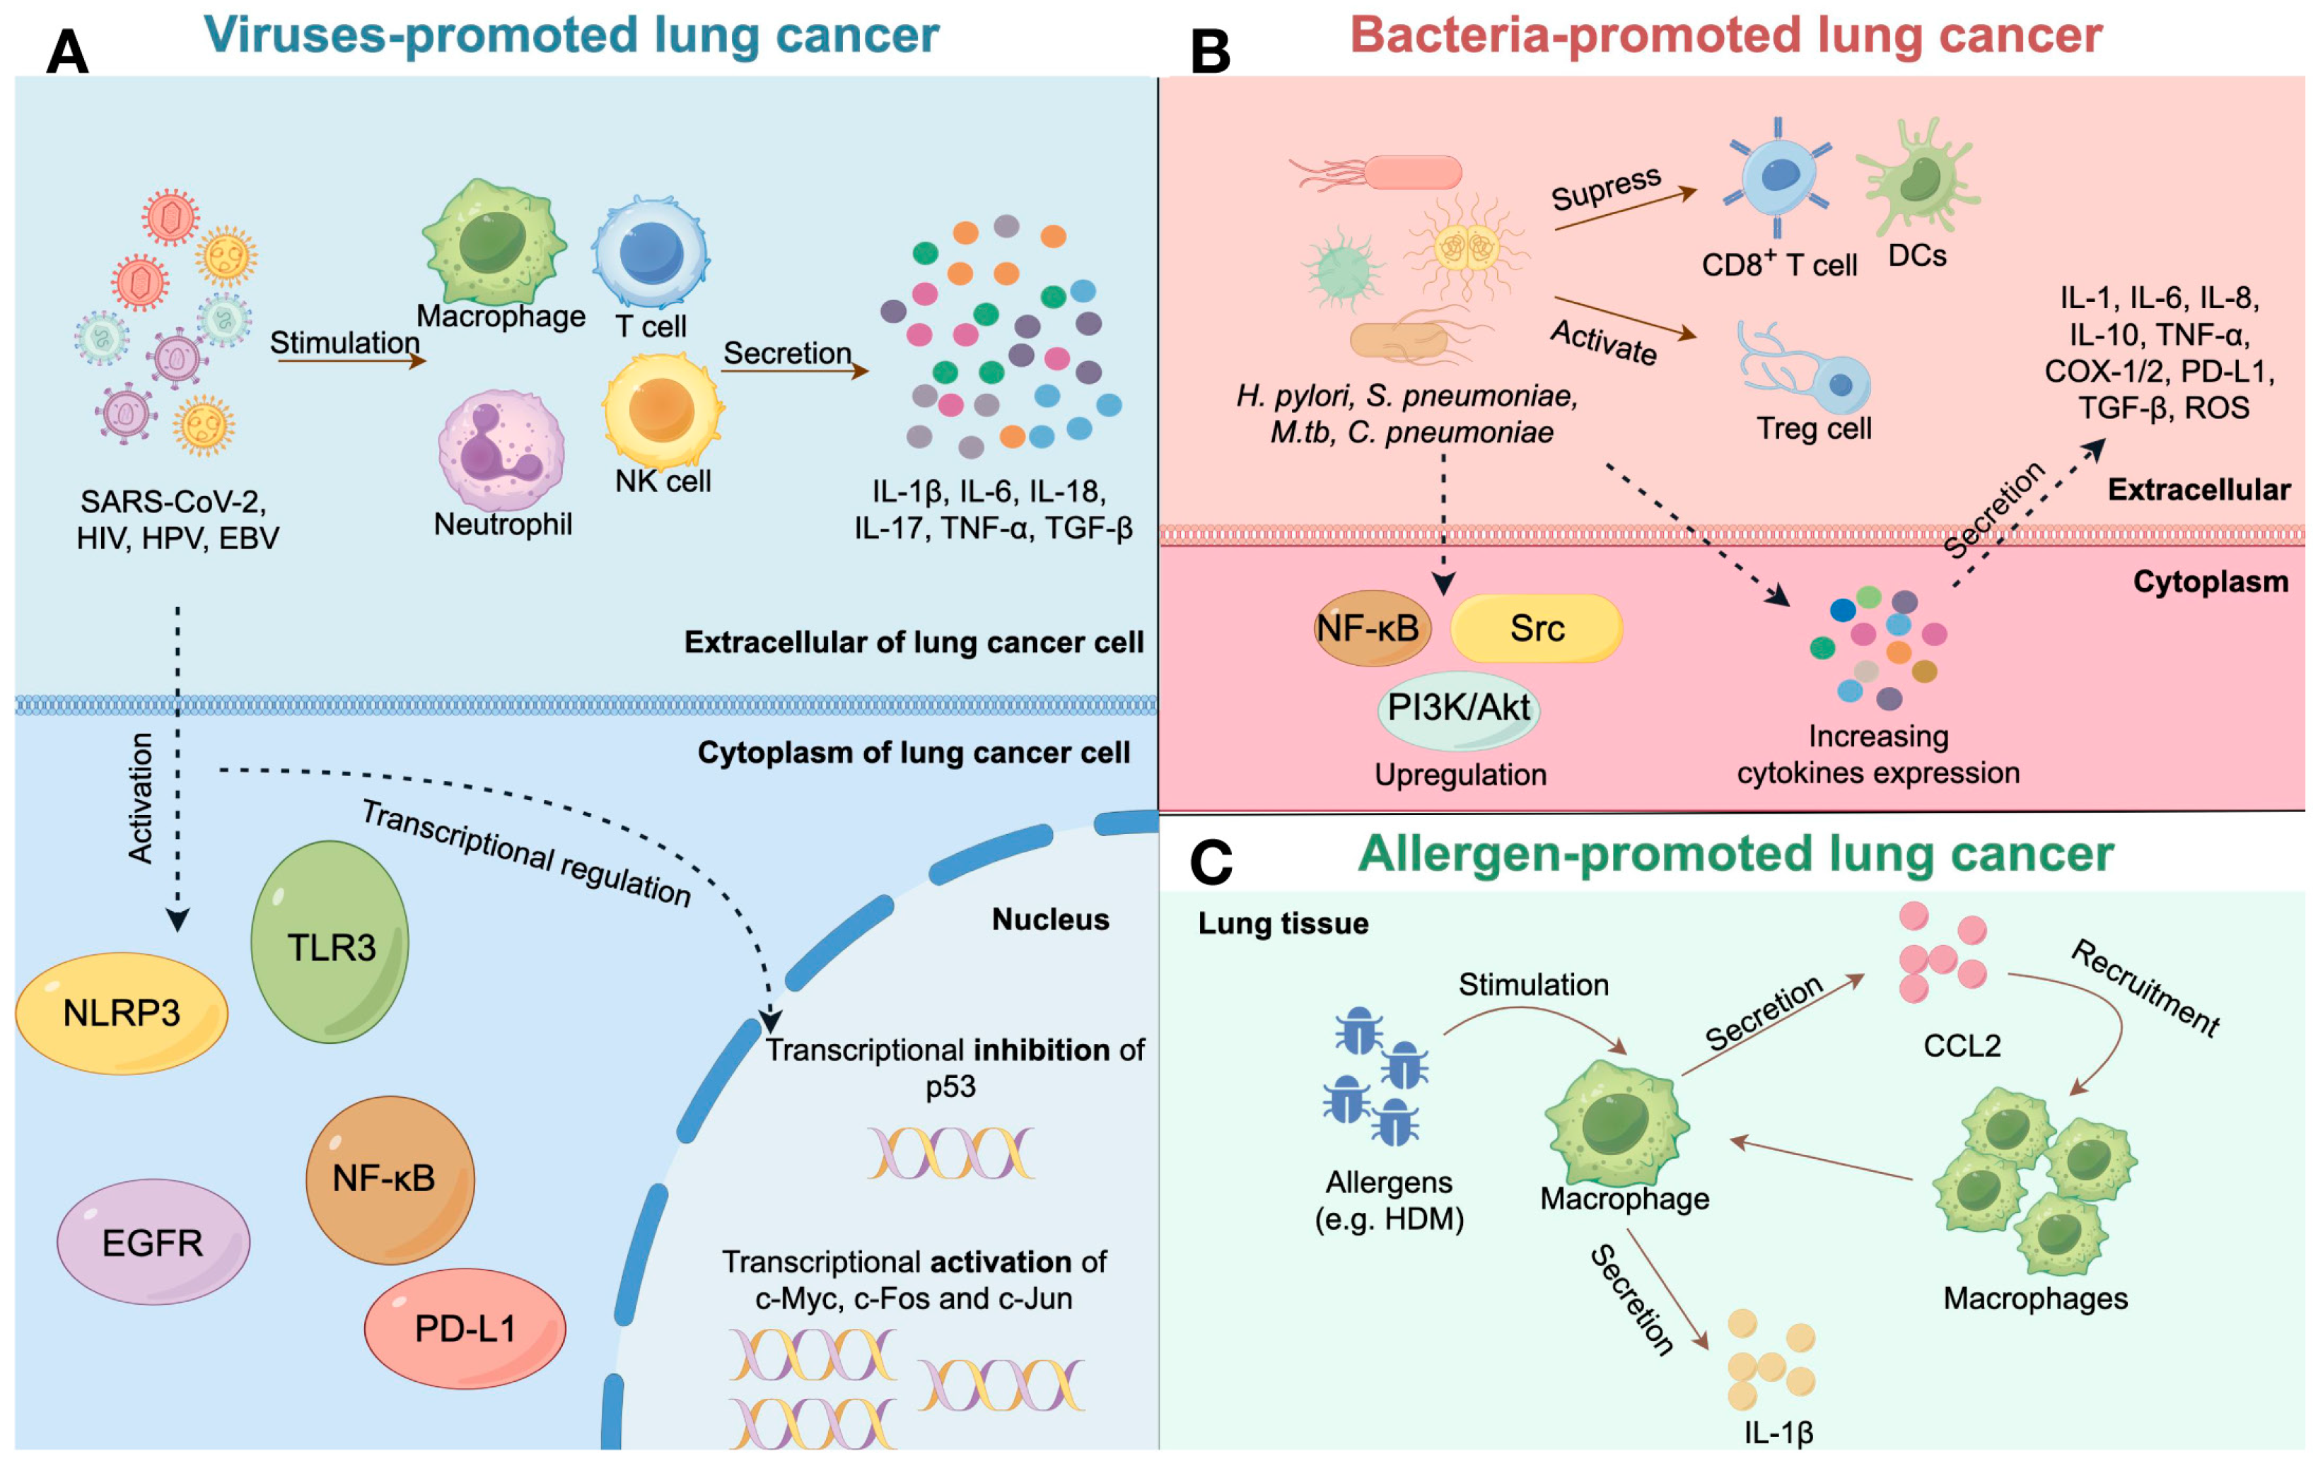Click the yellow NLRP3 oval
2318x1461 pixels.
pyautogui.click(x=122, y=1012)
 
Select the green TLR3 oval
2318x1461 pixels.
pyautogui.click(x=330, y=941)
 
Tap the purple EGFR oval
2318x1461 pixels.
pyautogui.click(x=153, y=1242)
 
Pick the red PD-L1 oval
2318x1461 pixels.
pyautogui.click(x=465, y=1328)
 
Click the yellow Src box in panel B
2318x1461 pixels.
pyautogui.click(x=1537, y=628)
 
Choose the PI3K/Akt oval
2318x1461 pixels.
pyautogui.click(x=1458, y=708)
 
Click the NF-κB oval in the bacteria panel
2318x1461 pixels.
pyautogui.click(x=1372, y=628)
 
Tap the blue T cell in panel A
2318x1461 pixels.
pyautogui.click(x=651, y=252)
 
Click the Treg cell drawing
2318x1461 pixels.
pyautogui.click(x=1805, y=370)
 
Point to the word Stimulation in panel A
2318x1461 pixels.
pyautogui.click(x=344, y=343)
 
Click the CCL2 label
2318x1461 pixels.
pyautogui.click(x=1962, y=1045)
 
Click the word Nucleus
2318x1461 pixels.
pyautogui.click(x=1050, y=919)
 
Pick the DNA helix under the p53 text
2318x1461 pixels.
pyautogui.click(x=951, y=1153)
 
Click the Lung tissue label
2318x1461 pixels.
pyautogui.click(x=1283, y=923)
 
